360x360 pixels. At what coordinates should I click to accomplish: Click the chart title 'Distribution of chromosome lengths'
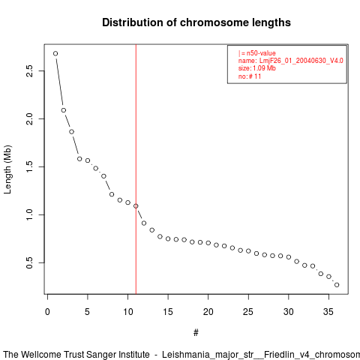[196, 22]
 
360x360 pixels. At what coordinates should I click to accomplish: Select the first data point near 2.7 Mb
[55, 53]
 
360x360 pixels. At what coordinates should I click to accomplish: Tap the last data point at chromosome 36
[337, 285]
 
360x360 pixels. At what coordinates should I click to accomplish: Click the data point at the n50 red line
[136, 206]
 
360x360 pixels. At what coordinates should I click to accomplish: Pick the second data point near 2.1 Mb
[64, 110]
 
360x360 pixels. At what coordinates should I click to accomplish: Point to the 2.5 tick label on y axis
[29, 70]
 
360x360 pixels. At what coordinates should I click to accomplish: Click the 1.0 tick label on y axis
[29, 214]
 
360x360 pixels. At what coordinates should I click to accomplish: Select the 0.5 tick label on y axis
[29, 262]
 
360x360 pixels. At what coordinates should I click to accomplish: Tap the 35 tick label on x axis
[328, 312]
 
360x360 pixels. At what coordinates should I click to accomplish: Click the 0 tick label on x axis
[47, 312]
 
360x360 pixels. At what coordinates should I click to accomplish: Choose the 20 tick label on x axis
[208, 312]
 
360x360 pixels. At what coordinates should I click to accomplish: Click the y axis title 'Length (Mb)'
[7, 169]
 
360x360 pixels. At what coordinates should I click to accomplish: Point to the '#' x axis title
[196, 333]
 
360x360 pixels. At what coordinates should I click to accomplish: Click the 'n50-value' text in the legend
[261, 53]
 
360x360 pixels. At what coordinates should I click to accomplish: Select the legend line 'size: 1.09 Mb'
[257, 68]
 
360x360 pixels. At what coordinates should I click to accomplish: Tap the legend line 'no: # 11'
[250, 76]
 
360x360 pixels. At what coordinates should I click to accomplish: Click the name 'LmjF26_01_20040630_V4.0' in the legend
[301, 61]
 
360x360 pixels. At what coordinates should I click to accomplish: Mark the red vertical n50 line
[136, 169]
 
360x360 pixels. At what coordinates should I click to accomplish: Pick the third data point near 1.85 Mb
[71, 132]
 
